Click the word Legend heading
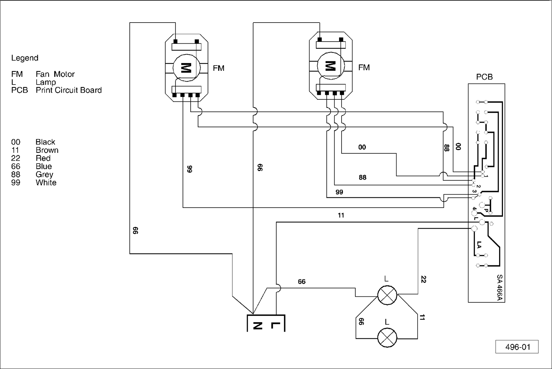tap(25, 58)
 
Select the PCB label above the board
tap(484, 77)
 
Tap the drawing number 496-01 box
tap(517, 347)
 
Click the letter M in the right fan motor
tap(330, 66)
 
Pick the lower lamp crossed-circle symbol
tap(387, 337)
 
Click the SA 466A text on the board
tap(499, 288)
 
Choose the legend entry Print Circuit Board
tap(68, 90)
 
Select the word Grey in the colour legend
tap(44, 174)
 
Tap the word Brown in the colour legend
tap(47, 150)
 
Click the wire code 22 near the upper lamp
tap(423, 279)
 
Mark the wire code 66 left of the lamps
tap(361, 321)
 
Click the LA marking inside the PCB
tap(479, 245)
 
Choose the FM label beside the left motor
tap(219, 68)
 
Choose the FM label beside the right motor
tap(364, 67)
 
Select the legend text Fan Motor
tap(55, 74)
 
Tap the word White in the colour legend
tap(46, 183)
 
